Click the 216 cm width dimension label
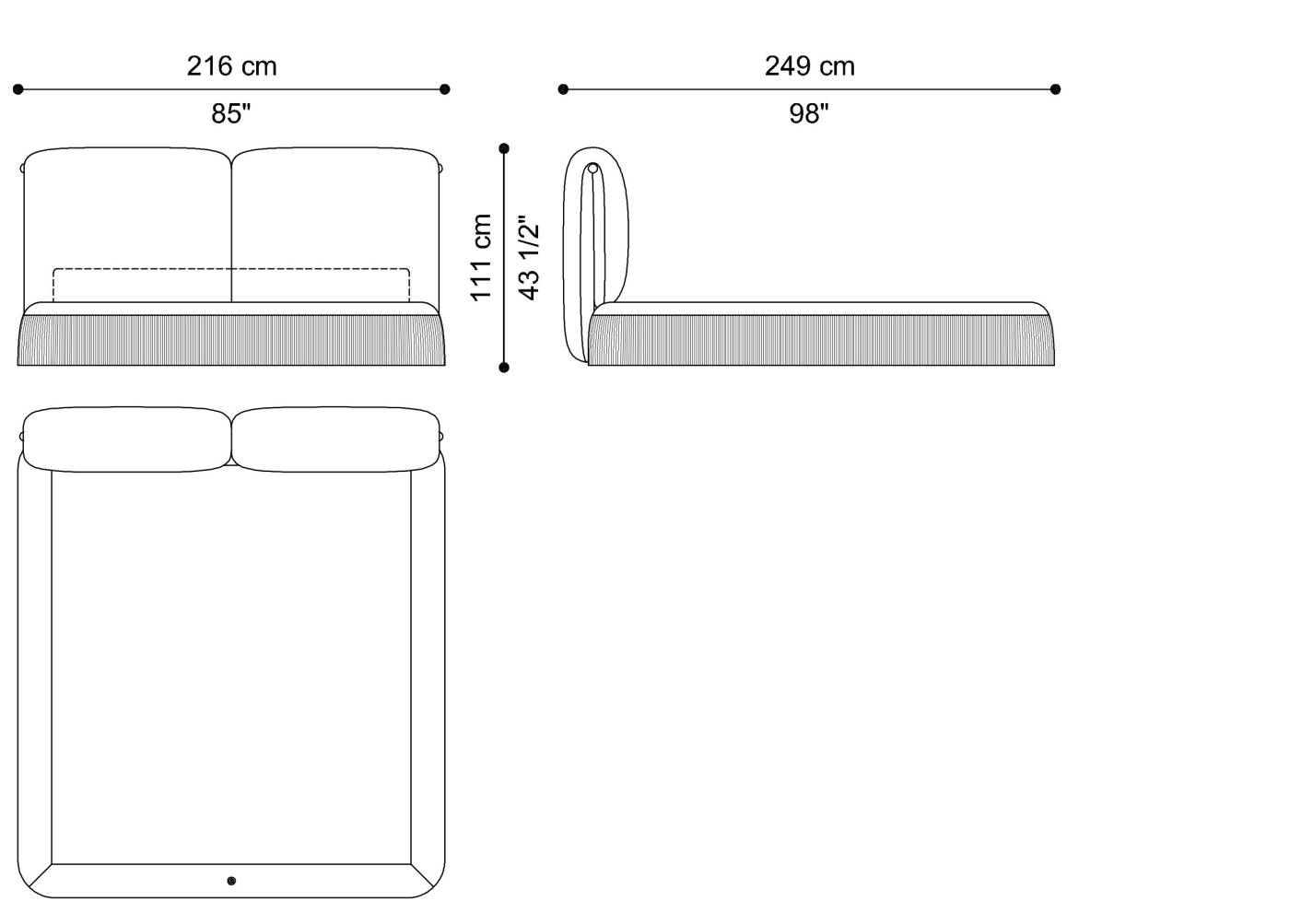coord(231,66)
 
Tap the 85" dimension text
coord(231,113)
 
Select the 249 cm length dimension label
coord(809,66)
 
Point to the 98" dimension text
coord(809,113)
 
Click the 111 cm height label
coord(481,257)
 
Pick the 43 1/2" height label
coord(529,257)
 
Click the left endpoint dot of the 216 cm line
coord(18,89)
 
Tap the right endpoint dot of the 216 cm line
coord(445,89)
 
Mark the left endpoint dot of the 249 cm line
coord(563,89)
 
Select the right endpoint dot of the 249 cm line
coord(1055,89)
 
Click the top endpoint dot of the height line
coord(504,148)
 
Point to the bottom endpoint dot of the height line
coord(504,368)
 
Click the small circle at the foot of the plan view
coord(231,881)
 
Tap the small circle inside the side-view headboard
coord(593,169)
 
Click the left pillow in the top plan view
coord(127,440)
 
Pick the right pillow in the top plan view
coord(336,440)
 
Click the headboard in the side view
coord(597,249)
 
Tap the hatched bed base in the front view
coord(231,340)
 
